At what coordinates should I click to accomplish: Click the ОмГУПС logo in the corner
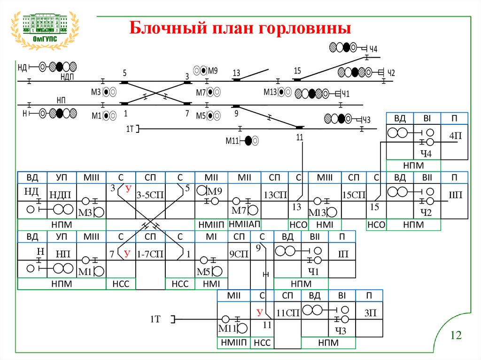pos(45,29)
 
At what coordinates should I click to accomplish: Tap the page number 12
pos(456,335)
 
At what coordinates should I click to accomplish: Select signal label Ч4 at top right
pos(373,48)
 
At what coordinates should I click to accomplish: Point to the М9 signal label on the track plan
pos(213,71)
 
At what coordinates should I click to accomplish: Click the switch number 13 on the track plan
pos(236,73)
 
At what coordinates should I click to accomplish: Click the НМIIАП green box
pos(244,225)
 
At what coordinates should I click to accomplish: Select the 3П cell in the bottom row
pos(370,312)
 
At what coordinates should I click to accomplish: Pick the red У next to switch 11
pos(258,312)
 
